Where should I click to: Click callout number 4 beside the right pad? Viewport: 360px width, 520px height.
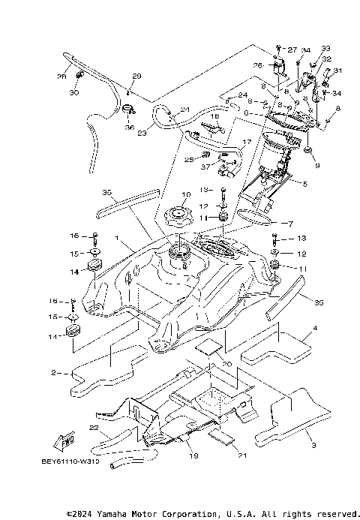coord(305,183)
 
